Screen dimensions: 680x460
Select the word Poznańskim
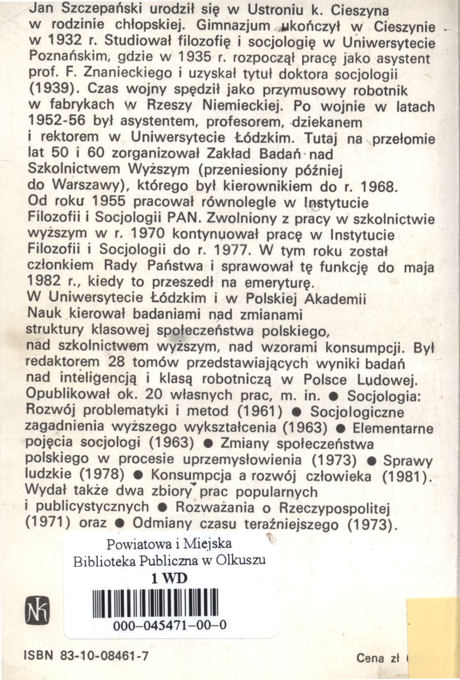(x=69, y=56)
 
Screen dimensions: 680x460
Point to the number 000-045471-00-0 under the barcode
(x=169, y=627)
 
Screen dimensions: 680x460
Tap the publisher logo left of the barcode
(x=40, y=611)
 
